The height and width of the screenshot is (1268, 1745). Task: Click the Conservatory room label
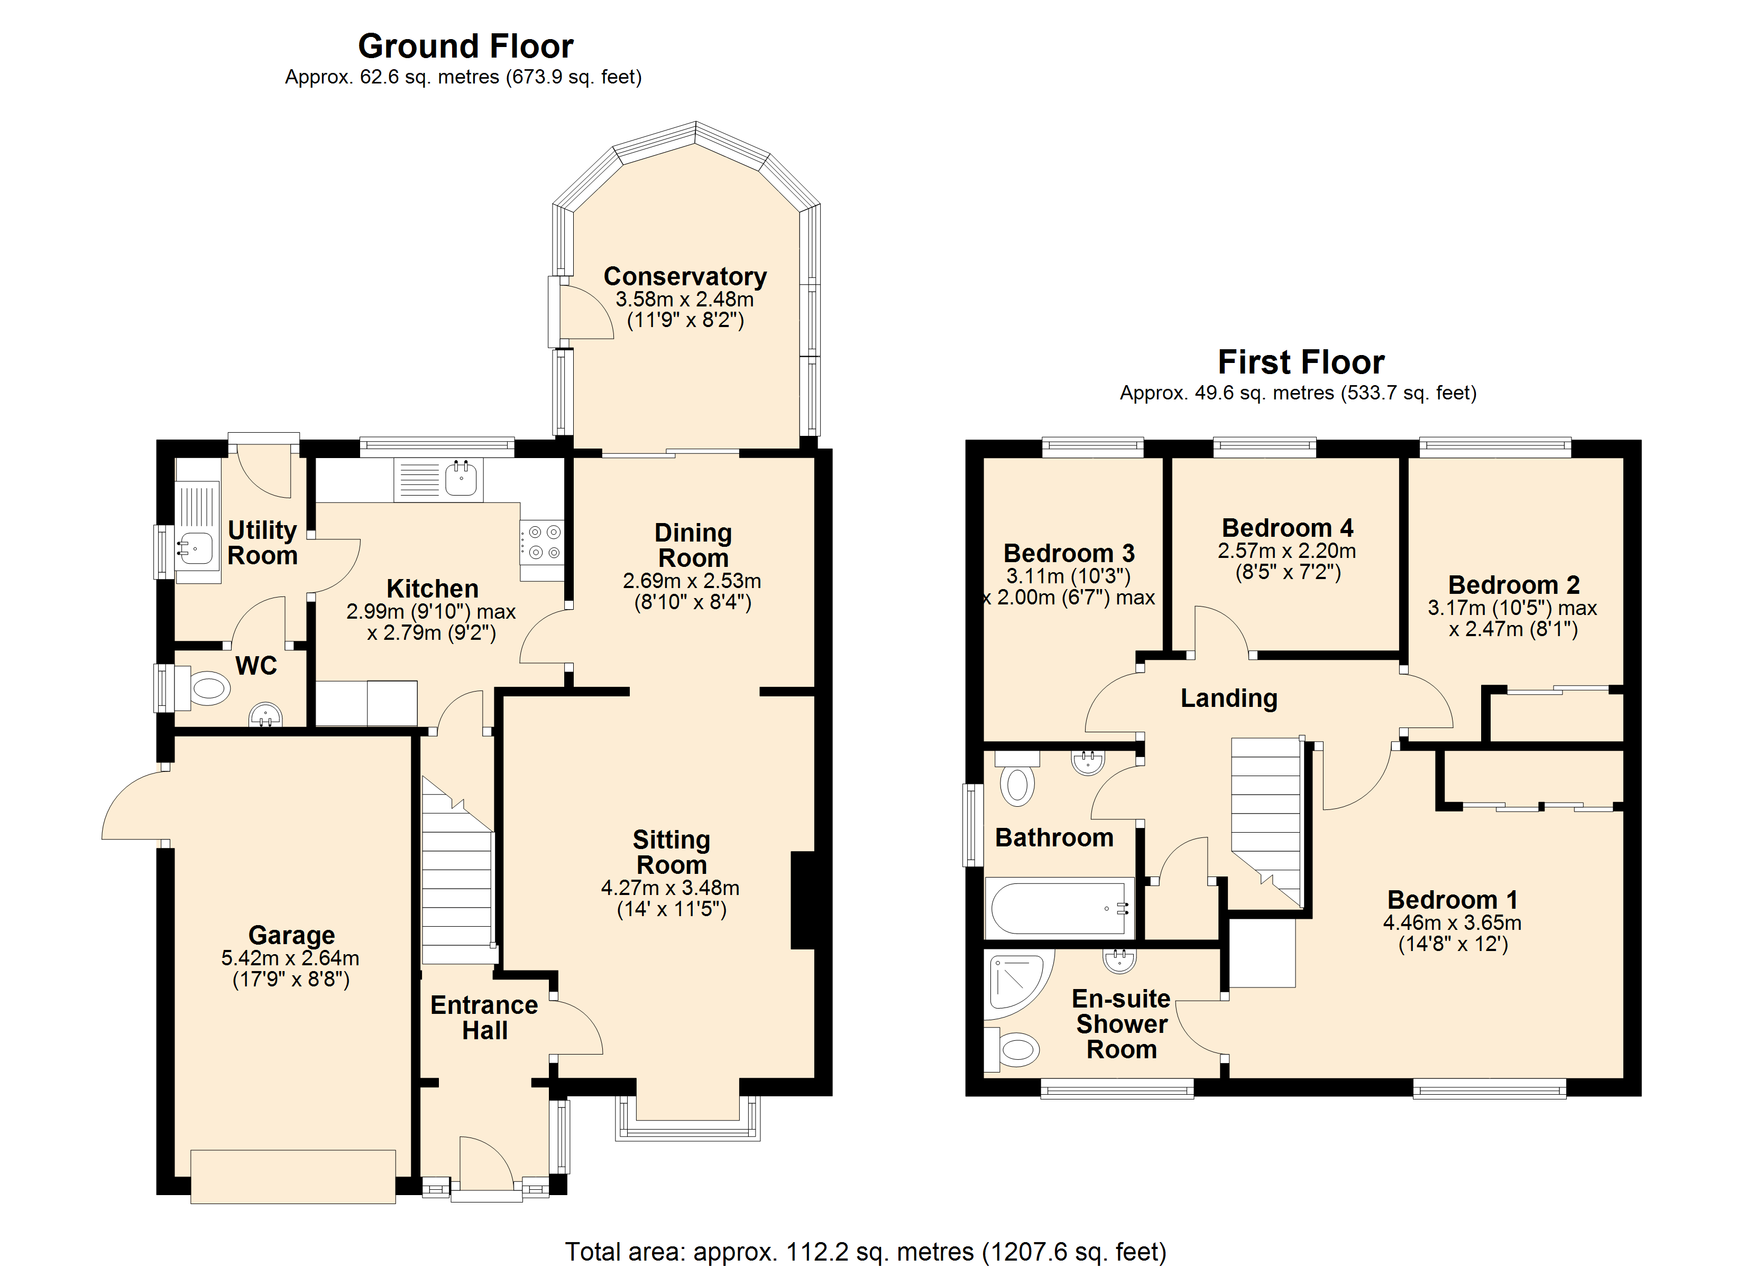click(685, 276)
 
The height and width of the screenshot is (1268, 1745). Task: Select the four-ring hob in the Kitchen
click(541, 542)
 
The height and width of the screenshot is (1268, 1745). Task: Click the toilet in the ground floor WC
click(201, 688)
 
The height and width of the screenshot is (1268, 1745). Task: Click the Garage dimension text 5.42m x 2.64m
click(290, 958)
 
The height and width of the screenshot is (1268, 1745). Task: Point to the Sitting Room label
click(671, 852)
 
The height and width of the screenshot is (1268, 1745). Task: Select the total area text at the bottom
click(866, 1252)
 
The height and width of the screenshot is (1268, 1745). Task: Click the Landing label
click(1229, 698)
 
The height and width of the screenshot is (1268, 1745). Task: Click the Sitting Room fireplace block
click(803, 900)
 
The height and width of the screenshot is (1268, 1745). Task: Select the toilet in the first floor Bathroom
click(1017, 778)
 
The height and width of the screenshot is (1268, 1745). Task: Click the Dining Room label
click(693, 545)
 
